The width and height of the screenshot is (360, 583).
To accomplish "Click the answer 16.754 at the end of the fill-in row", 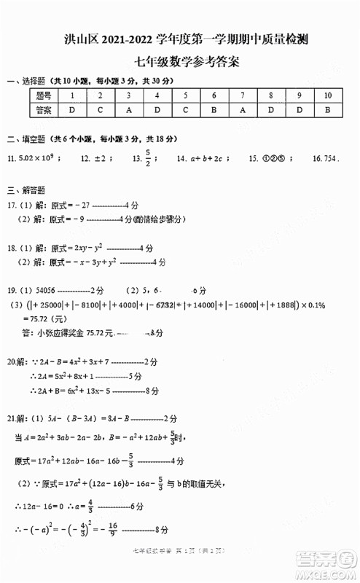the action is click(x=324, y=157).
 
